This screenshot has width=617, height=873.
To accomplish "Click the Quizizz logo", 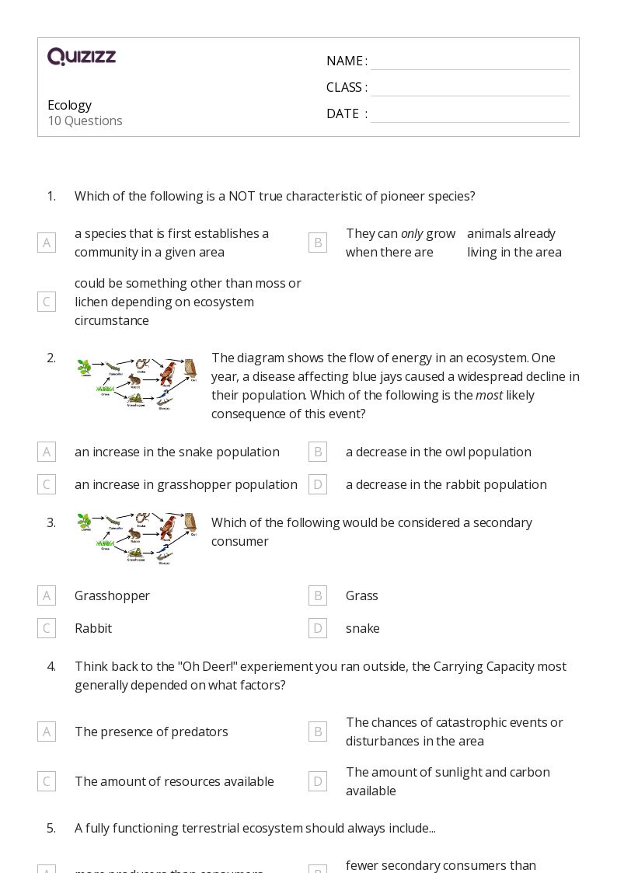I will (82, 57).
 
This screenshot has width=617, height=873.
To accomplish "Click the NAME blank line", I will (469, 62).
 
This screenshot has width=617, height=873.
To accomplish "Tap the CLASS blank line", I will (469, 89).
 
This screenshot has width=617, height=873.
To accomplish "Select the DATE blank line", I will (469, 115).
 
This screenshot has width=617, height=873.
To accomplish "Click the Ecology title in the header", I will (69, 105).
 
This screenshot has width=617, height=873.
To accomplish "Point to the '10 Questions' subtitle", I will (85, 121).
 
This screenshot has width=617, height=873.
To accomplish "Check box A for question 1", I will (47, 243).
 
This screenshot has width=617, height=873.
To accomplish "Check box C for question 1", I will (47, 302).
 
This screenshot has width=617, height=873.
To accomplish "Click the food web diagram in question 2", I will (138, 384).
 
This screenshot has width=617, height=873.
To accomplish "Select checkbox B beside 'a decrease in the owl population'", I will (317, 452).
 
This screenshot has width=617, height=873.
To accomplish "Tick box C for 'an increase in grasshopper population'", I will (47, 484).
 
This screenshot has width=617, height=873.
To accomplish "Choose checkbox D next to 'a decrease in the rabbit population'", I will (317, 484).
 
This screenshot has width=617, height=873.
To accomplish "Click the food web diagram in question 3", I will (138, 538).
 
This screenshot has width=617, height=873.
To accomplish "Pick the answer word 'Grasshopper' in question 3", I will (112, 595).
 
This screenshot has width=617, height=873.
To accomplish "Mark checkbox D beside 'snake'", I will (317, 628).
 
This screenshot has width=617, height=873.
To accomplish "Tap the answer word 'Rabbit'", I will (93, 628).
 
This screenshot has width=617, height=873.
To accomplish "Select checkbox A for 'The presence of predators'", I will (47, 732).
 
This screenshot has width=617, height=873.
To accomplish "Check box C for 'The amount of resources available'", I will (47, 781).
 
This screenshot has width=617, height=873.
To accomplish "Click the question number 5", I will (51, 828).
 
